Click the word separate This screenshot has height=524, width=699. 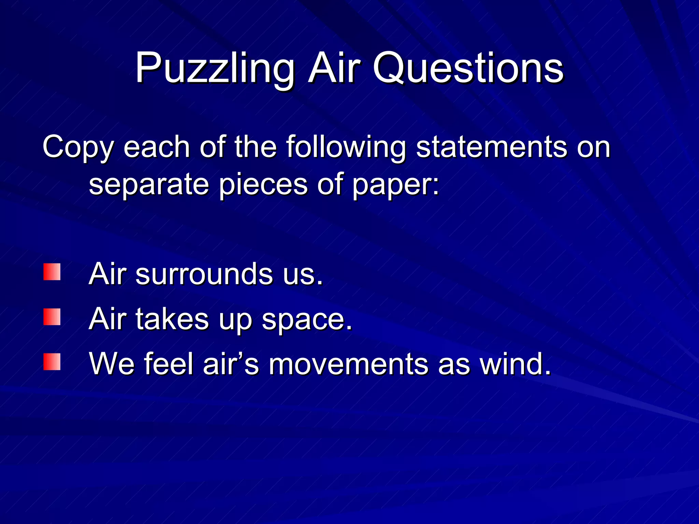tap(149, 185)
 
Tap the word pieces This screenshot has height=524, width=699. tap(263, 185)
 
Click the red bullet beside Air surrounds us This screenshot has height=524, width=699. tap(52, 272)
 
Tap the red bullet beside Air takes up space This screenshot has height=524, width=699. tap(52, 317)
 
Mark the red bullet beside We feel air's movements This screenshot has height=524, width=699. tap(52, 362)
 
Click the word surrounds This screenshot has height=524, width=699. tap(204, 274)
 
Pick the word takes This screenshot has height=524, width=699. tap(172, 319)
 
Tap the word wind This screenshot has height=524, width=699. tap(515, 364)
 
